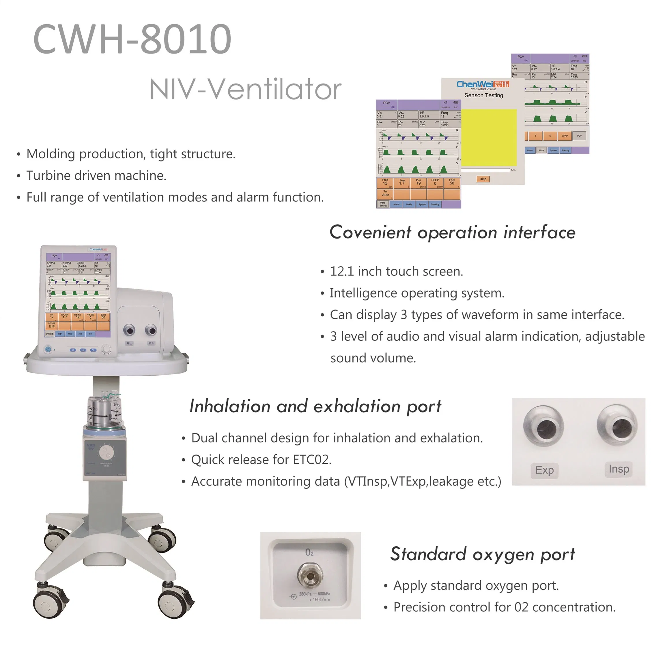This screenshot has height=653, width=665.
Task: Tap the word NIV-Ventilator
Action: tap(245, 89)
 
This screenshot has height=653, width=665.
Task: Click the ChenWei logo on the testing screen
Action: tap(482, 84)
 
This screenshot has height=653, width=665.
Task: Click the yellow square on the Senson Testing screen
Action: tap(489, 138)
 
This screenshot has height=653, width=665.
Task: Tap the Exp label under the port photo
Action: tap(544, 470)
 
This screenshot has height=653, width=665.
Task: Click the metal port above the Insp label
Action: tap(617, 425)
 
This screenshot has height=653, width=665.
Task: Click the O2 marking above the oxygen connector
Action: tap(309, 552)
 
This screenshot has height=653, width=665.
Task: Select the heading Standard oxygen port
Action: tap(482, 554)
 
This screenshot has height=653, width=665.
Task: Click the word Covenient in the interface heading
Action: tap(370, 233)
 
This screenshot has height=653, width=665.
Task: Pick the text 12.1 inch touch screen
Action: tap(396, 271)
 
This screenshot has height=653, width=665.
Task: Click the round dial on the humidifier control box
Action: tap(107, 453)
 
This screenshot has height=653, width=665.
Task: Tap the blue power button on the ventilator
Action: tap(48, 350)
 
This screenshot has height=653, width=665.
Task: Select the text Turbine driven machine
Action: tap(96, 176)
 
